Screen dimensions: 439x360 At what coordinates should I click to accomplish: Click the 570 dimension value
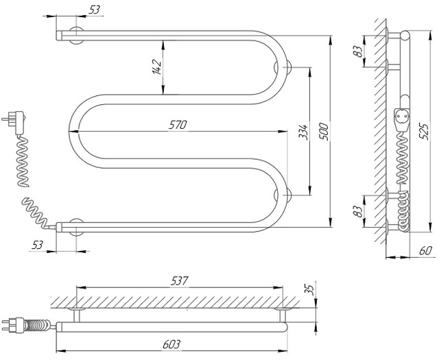coord(178,125)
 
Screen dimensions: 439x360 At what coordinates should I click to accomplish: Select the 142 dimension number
coord(157,67)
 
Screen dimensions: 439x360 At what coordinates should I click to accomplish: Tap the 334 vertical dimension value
coord(303,132)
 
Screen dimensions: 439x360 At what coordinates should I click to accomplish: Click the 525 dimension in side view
coord(424,132)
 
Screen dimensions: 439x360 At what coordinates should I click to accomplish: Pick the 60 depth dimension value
coord(425,251)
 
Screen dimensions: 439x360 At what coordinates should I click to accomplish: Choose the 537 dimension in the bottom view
coord(180,280)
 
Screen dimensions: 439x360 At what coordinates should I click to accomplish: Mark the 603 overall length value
coord(171,344)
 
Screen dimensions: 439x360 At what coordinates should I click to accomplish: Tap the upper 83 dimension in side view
coord(358,51)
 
